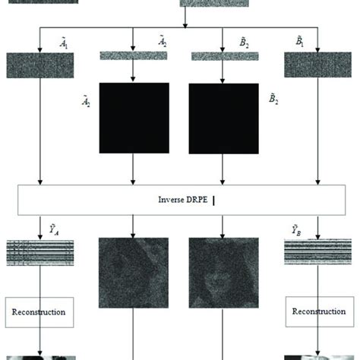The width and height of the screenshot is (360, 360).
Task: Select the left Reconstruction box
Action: tap(39, 312)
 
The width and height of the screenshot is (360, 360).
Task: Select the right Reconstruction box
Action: tap(320, 311)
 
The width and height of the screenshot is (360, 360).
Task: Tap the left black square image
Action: tap(134, 118)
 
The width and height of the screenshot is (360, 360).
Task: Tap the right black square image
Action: tap(224, 118)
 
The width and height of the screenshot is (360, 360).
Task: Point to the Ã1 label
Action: tap(64, 43)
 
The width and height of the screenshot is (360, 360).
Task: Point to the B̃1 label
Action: tap(300, 42)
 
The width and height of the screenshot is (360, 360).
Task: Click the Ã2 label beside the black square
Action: tap(86, 101)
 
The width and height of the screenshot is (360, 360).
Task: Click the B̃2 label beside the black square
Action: tap(273, 99)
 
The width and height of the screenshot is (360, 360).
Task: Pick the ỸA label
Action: tap(54, 230)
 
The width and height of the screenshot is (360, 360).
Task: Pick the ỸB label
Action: tap(296, 230)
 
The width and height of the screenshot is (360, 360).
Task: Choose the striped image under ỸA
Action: tap(40, 253)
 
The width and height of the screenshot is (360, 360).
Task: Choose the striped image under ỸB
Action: tap(318, 251)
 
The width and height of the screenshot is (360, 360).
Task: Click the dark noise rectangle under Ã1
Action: tap(40, 65)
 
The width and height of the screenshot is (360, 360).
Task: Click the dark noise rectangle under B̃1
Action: tap(318, 65)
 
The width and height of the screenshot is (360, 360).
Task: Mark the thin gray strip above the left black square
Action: tap(134, 55)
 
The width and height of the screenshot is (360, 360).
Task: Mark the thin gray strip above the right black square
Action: tap(225, 56)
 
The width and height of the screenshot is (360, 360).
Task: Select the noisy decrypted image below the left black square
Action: tap(134, 273)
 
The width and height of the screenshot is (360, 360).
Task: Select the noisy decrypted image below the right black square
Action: tap(224, 273)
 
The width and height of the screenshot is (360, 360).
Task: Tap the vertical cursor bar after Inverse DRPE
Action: tap(214, 201)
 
